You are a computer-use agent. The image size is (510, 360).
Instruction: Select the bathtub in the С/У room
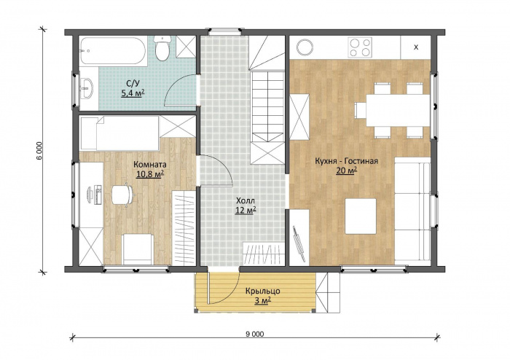pyautogui.click(x=112, y=51)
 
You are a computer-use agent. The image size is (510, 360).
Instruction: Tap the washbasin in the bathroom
pyautogui.click(x=87, y=87)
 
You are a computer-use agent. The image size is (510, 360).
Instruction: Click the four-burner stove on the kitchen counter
pyautogui.click(x=360, y=47)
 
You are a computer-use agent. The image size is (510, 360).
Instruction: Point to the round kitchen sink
pyautogui.click(x=305, y=47)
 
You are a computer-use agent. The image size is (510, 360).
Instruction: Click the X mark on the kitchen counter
pyautogui.click(x=416, y=47)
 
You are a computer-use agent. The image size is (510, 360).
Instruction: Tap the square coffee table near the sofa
pyautogui.click(x=361, y=216)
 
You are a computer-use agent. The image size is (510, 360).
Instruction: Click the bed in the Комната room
pyautogui.click(x=119, y=133)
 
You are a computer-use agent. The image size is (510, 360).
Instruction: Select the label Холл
pyautogui.click(x=246, y=200)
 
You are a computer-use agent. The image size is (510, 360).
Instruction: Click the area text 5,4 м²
pyautogui.click(x=133, y=94)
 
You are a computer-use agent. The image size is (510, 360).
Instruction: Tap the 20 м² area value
pyautogui.click(x=347, y=171)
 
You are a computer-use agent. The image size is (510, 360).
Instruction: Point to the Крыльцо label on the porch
pyautogui.click(x=263, y=291)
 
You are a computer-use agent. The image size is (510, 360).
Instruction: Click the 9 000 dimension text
pyautogui.click(x=255, y=334)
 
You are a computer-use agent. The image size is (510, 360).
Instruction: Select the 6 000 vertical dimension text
pyautogui.click(x=39, y=151)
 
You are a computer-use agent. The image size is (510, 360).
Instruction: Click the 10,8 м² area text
pyautogui.click(x=150, y=174)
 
